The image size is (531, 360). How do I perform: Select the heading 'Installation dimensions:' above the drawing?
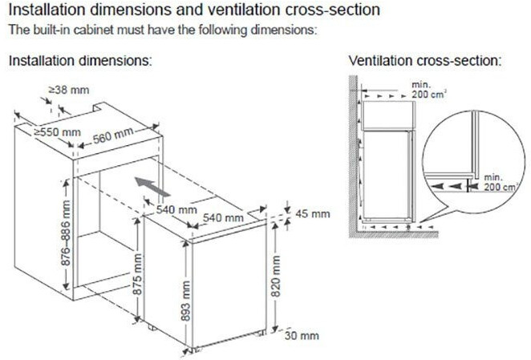pos(80,61)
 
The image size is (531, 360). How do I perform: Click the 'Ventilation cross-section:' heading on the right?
pos(425,61)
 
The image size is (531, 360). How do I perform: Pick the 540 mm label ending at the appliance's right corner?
pos(223,217)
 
